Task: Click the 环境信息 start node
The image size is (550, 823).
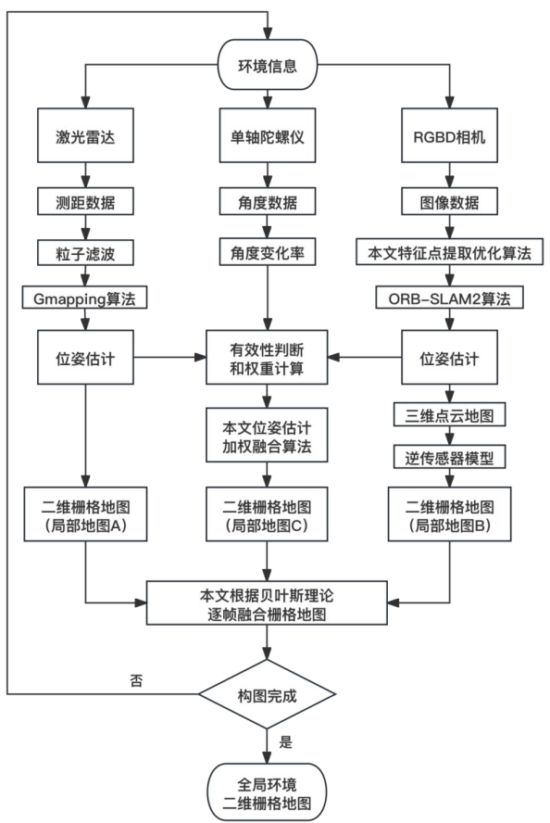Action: pyautogui.click(x=268, y=66)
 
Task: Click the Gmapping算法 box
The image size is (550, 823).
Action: pyautogui.click(x=85, y=298)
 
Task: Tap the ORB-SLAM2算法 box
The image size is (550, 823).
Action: pyautogui.click(x=450, y=298)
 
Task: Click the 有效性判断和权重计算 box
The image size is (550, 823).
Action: pyautogui.click(x=268, y=356)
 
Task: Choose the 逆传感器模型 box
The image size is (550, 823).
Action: pyautogui.click(x=450, y=458)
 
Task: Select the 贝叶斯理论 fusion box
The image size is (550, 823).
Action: pyautogui.click(x=268, y=604)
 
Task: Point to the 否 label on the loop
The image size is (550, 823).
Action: pyautogui.click(x=136, y=680)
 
